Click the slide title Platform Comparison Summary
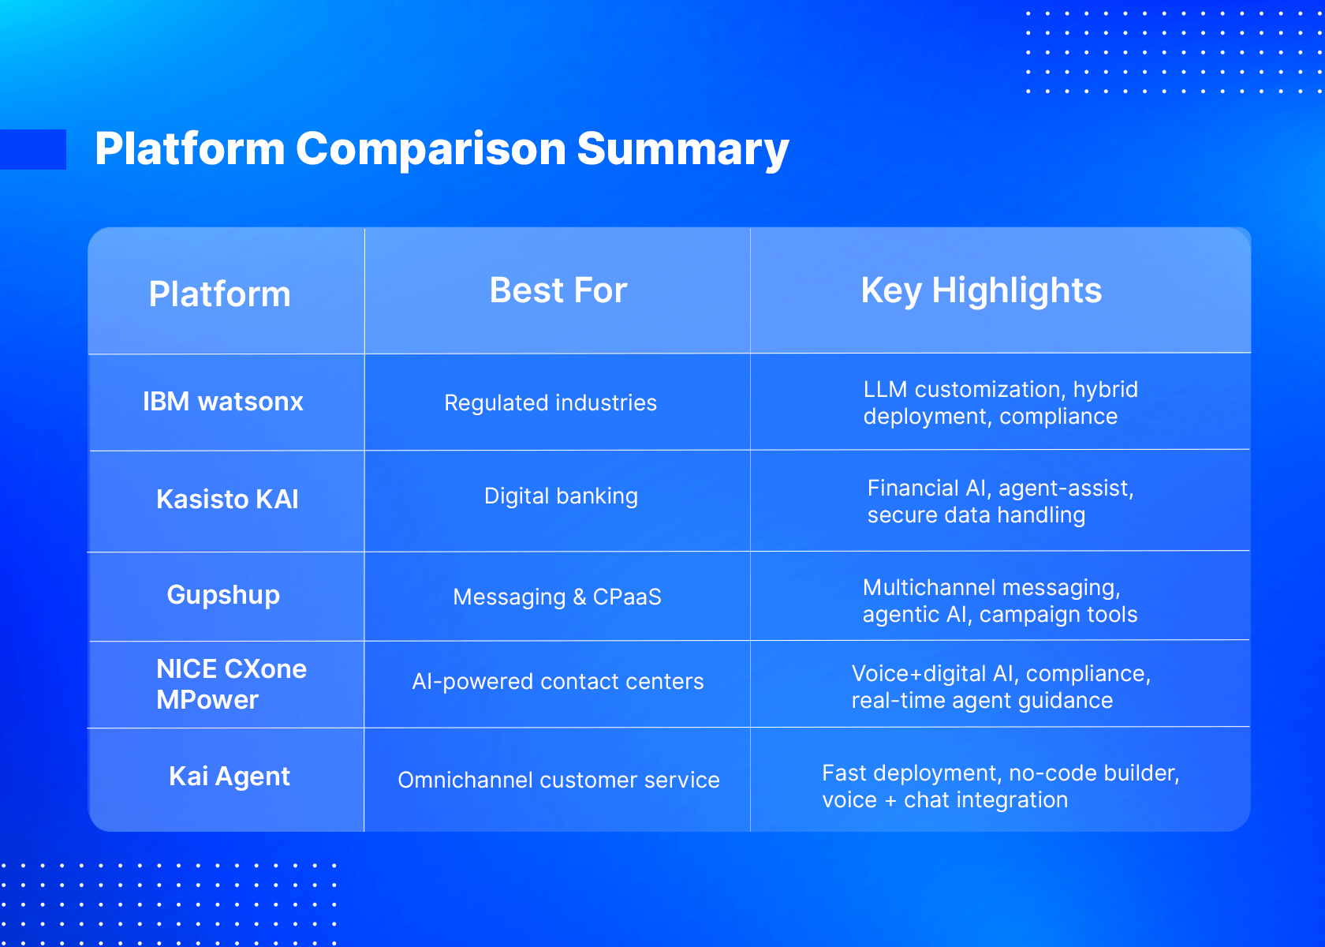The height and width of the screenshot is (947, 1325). tap(442, 149)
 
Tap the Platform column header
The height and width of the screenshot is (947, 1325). tap(219, 294)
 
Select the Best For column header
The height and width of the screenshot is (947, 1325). tap(558, 290)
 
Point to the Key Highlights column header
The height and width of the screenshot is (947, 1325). tap(981, 291)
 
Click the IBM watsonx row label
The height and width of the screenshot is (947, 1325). tap(223, 401)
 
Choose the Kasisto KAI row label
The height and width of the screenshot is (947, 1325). tap(227, 499)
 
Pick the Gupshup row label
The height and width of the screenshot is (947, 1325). tap(223, 595)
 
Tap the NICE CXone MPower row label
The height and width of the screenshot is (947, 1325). tap(231, 684)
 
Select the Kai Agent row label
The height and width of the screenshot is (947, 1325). tap(230, 777)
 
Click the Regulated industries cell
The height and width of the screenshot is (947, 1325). tap(551, 403)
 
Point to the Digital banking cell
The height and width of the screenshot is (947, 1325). tap(561, 496)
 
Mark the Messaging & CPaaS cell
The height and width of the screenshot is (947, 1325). tap(557, 597)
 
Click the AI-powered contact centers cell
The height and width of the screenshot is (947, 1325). tap(558, 681)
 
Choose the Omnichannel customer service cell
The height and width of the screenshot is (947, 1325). tap(558, 780)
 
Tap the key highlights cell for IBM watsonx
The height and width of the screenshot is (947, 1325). tap(1000, 402)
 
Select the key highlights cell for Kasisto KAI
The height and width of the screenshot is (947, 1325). tap(1000, 501)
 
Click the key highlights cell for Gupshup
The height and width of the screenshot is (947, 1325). tap(1000, 601)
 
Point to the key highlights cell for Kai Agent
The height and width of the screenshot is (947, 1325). tap(1000, 786)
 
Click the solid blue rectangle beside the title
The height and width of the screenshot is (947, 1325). tap(33, 150)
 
